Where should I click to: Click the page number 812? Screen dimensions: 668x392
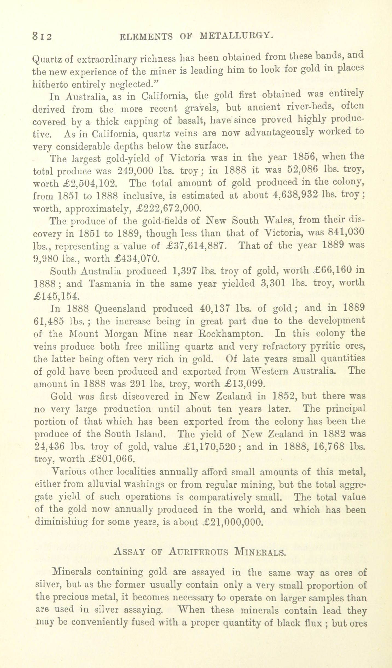(x=42, y=36)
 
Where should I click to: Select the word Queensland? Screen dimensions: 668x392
(x=121, y=309)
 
